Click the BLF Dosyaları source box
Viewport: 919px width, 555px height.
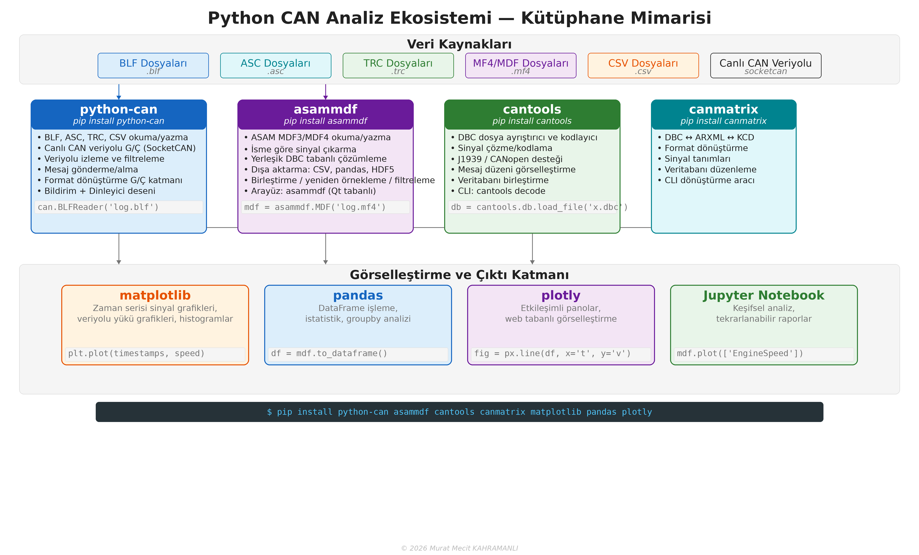[x=153, y=66]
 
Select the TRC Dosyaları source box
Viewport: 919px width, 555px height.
[x=398, y=66]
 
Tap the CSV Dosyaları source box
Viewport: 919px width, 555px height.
[x=643, y=66]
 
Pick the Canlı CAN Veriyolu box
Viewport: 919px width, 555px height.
[x=765, y=66]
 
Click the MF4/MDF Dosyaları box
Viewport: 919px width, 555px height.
[x=520, y=66]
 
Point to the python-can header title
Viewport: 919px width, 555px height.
[x=119, y=109]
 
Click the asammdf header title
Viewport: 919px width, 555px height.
[x=325, y=109]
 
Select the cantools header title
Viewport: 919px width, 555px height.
[x=532, y=109]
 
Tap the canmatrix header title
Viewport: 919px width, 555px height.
[x=723, y=109]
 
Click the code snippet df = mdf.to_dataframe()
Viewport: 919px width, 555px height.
[x=329, y=353]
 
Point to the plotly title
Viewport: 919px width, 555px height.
[x=561, y=295]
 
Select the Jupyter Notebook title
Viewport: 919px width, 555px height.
[x=764, y=295]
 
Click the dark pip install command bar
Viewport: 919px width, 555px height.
[x=459, y=412]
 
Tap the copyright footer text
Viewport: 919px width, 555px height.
[x=459, y=548]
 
